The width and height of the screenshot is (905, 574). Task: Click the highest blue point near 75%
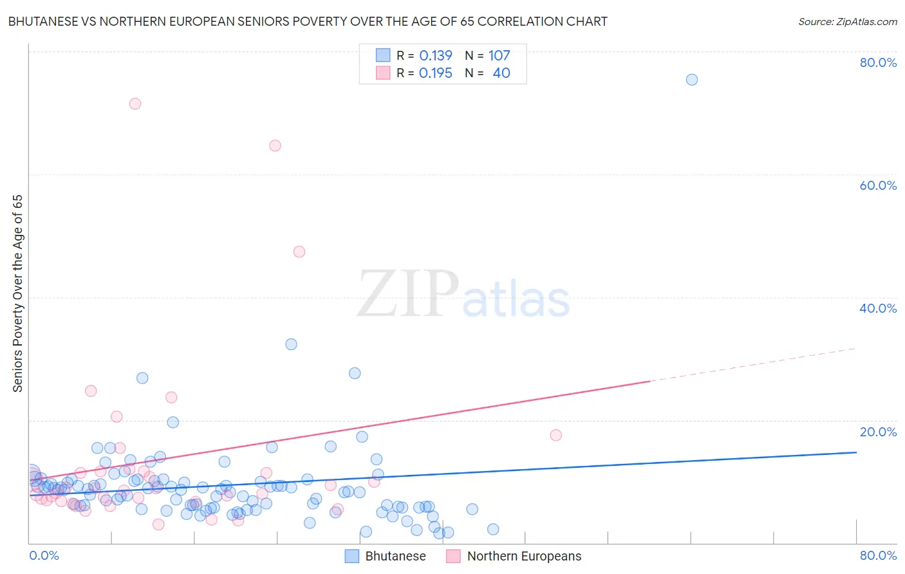point(691,80)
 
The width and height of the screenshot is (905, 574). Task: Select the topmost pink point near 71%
point(135,104)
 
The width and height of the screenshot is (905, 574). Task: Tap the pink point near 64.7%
point(275,145)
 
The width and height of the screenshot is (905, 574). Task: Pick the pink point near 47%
point(299,252)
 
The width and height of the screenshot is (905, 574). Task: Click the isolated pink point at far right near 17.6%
point(556,435)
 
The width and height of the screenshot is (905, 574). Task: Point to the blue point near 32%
point(291,344)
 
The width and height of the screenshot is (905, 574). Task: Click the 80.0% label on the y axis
point(878,62)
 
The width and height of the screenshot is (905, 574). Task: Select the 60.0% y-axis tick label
point(878,185)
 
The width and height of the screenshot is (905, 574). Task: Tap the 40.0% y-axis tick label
point(878,308)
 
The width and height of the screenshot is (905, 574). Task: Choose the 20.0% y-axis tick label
point(878,432)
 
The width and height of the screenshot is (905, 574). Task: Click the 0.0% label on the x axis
point(44,555)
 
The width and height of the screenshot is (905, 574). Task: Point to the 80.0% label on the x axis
point(878,555)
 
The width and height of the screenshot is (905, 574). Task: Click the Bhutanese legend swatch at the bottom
point(351,556)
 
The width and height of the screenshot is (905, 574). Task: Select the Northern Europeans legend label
point(524,556)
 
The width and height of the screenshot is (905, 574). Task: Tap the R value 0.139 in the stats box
point(436,56)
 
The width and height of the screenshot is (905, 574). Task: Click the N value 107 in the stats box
point(499,56)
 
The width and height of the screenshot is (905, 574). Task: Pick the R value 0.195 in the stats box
point(436,73)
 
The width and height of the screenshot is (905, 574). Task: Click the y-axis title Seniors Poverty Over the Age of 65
point(18,293)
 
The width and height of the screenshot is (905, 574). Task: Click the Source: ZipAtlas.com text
point(847,22)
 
